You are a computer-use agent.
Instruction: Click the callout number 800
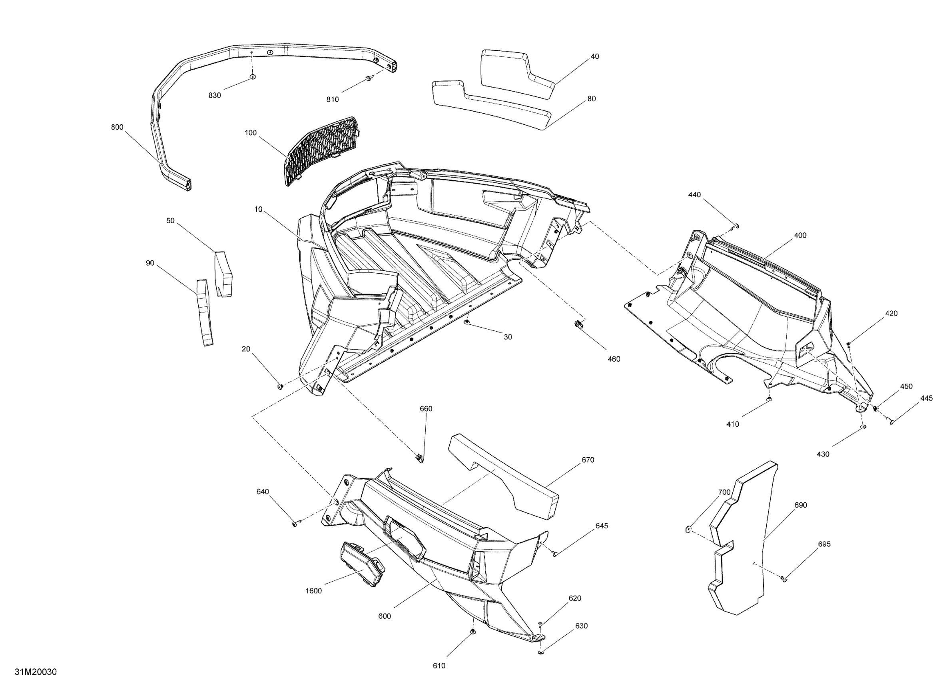(117, 127)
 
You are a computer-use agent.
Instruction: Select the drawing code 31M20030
(36, 672)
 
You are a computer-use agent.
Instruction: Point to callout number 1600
(313, 591)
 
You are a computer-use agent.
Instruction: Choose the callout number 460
(614, 359)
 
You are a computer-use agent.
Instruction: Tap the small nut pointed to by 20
(281, 386)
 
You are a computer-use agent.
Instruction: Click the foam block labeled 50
(223, 273)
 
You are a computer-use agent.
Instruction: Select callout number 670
(588, 460)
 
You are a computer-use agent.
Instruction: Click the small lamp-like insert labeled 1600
(361, 564)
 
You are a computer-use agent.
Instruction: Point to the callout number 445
(927, 398)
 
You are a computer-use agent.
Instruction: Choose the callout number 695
(824, 544)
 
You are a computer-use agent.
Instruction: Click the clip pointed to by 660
(419, 457)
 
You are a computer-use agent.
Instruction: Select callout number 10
(258, 210)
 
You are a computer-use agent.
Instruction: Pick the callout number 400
(800, 235)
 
